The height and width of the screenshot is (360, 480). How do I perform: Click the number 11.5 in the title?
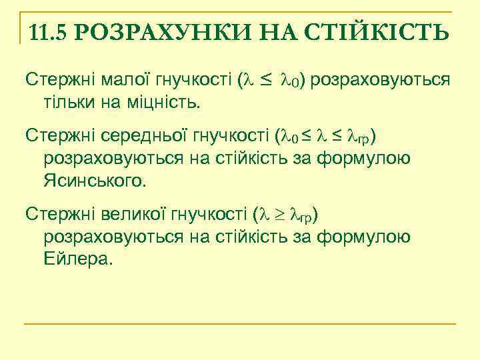point(48,31)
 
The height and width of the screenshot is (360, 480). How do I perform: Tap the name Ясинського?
point(95,180)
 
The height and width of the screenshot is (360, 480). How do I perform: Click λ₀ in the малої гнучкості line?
point(291,81)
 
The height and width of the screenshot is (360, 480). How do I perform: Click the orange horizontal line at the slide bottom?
point(240,324)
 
